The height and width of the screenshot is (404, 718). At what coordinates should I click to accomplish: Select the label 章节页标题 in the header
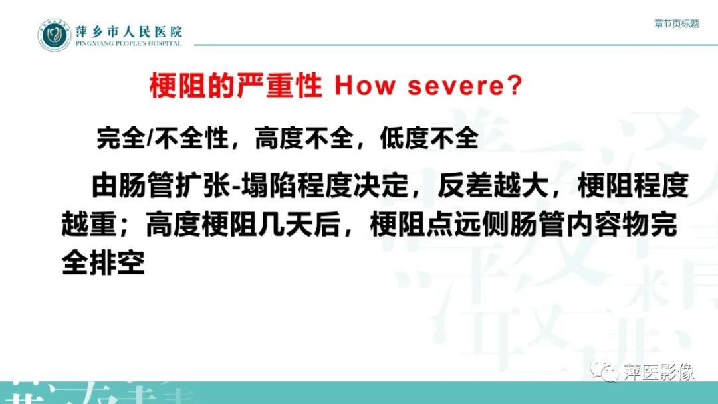pyautogui.click(x=676, y=23)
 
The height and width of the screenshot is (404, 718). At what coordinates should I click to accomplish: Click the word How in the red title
pyautogui.click(x=364, y=87)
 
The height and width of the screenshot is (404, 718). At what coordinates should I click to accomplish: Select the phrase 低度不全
pyautogui.click(x=429, y=138)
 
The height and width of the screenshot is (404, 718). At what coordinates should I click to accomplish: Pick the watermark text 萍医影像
pyautogui.click(x=659, y=371)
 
